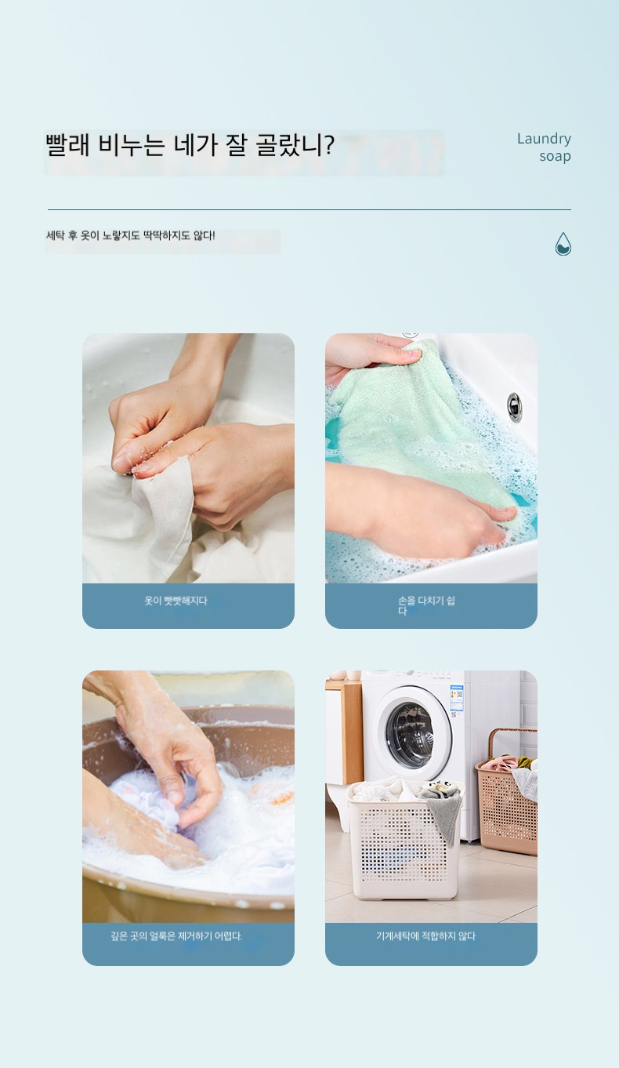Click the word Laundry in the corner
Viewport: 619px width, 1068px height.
(x=544, y=139)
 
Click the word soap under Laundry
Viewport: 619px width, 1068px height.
(x=556, y=156)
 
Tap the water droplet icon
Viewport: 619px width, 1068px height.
(x=563, y=244)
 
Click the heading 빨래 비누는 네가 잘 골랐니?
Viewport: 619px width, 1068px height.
(x=190, y=145)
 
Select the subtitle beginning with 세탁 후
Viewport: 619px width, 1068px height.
(x=131, y=235)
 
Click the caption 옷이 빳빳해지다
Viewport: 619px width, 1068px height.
(x=176, y=601)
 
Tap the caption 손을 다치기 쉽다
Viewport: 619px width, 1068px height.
(x=426, y=605)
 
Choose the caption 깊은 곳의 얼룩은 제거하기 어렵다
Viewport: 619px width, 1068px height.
(x=176, y=936)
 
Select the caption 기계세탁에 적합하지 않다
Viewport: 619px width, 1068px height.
(x=425, y=936)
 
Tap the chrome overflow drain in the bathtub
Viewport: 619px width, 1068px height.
(x=514, y=407)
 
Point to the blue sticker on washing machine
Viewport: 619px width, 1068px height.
(x=457, y=701)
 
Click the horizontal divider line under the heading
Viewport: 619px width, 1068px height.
(x=309, y=210)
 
